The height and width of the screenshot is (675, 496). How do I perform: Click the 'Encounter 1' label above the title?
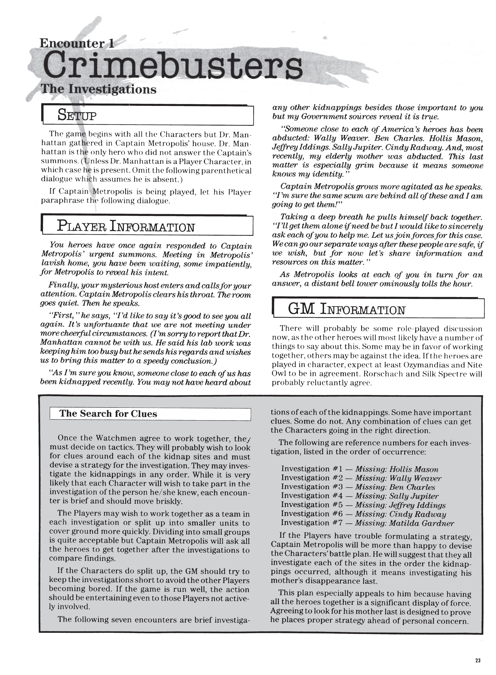pyautogui.click(x=76, y=44)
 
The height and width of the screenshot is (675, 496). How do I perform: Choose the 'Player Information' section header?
pyautogui.click(x=126, y=226)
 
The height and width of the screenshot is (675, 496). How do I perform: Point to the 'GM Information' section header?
pyautogui.click(x=347, y=309)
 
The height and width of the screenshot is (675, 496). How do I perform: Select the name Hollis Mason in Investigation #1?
pyautogui.click(x=414, y=469)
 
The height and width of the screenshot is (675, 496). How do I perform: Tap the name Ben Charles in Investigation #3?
pyautogui.click(x=412, y=487)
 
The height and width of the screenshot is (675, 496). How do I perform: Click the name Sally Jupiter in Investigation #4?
pyautogui.click(x=414, y=496)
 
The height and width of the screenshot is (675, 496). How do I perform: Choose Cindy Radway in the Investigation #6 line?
pyautogui.click(x=417, y=514)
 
